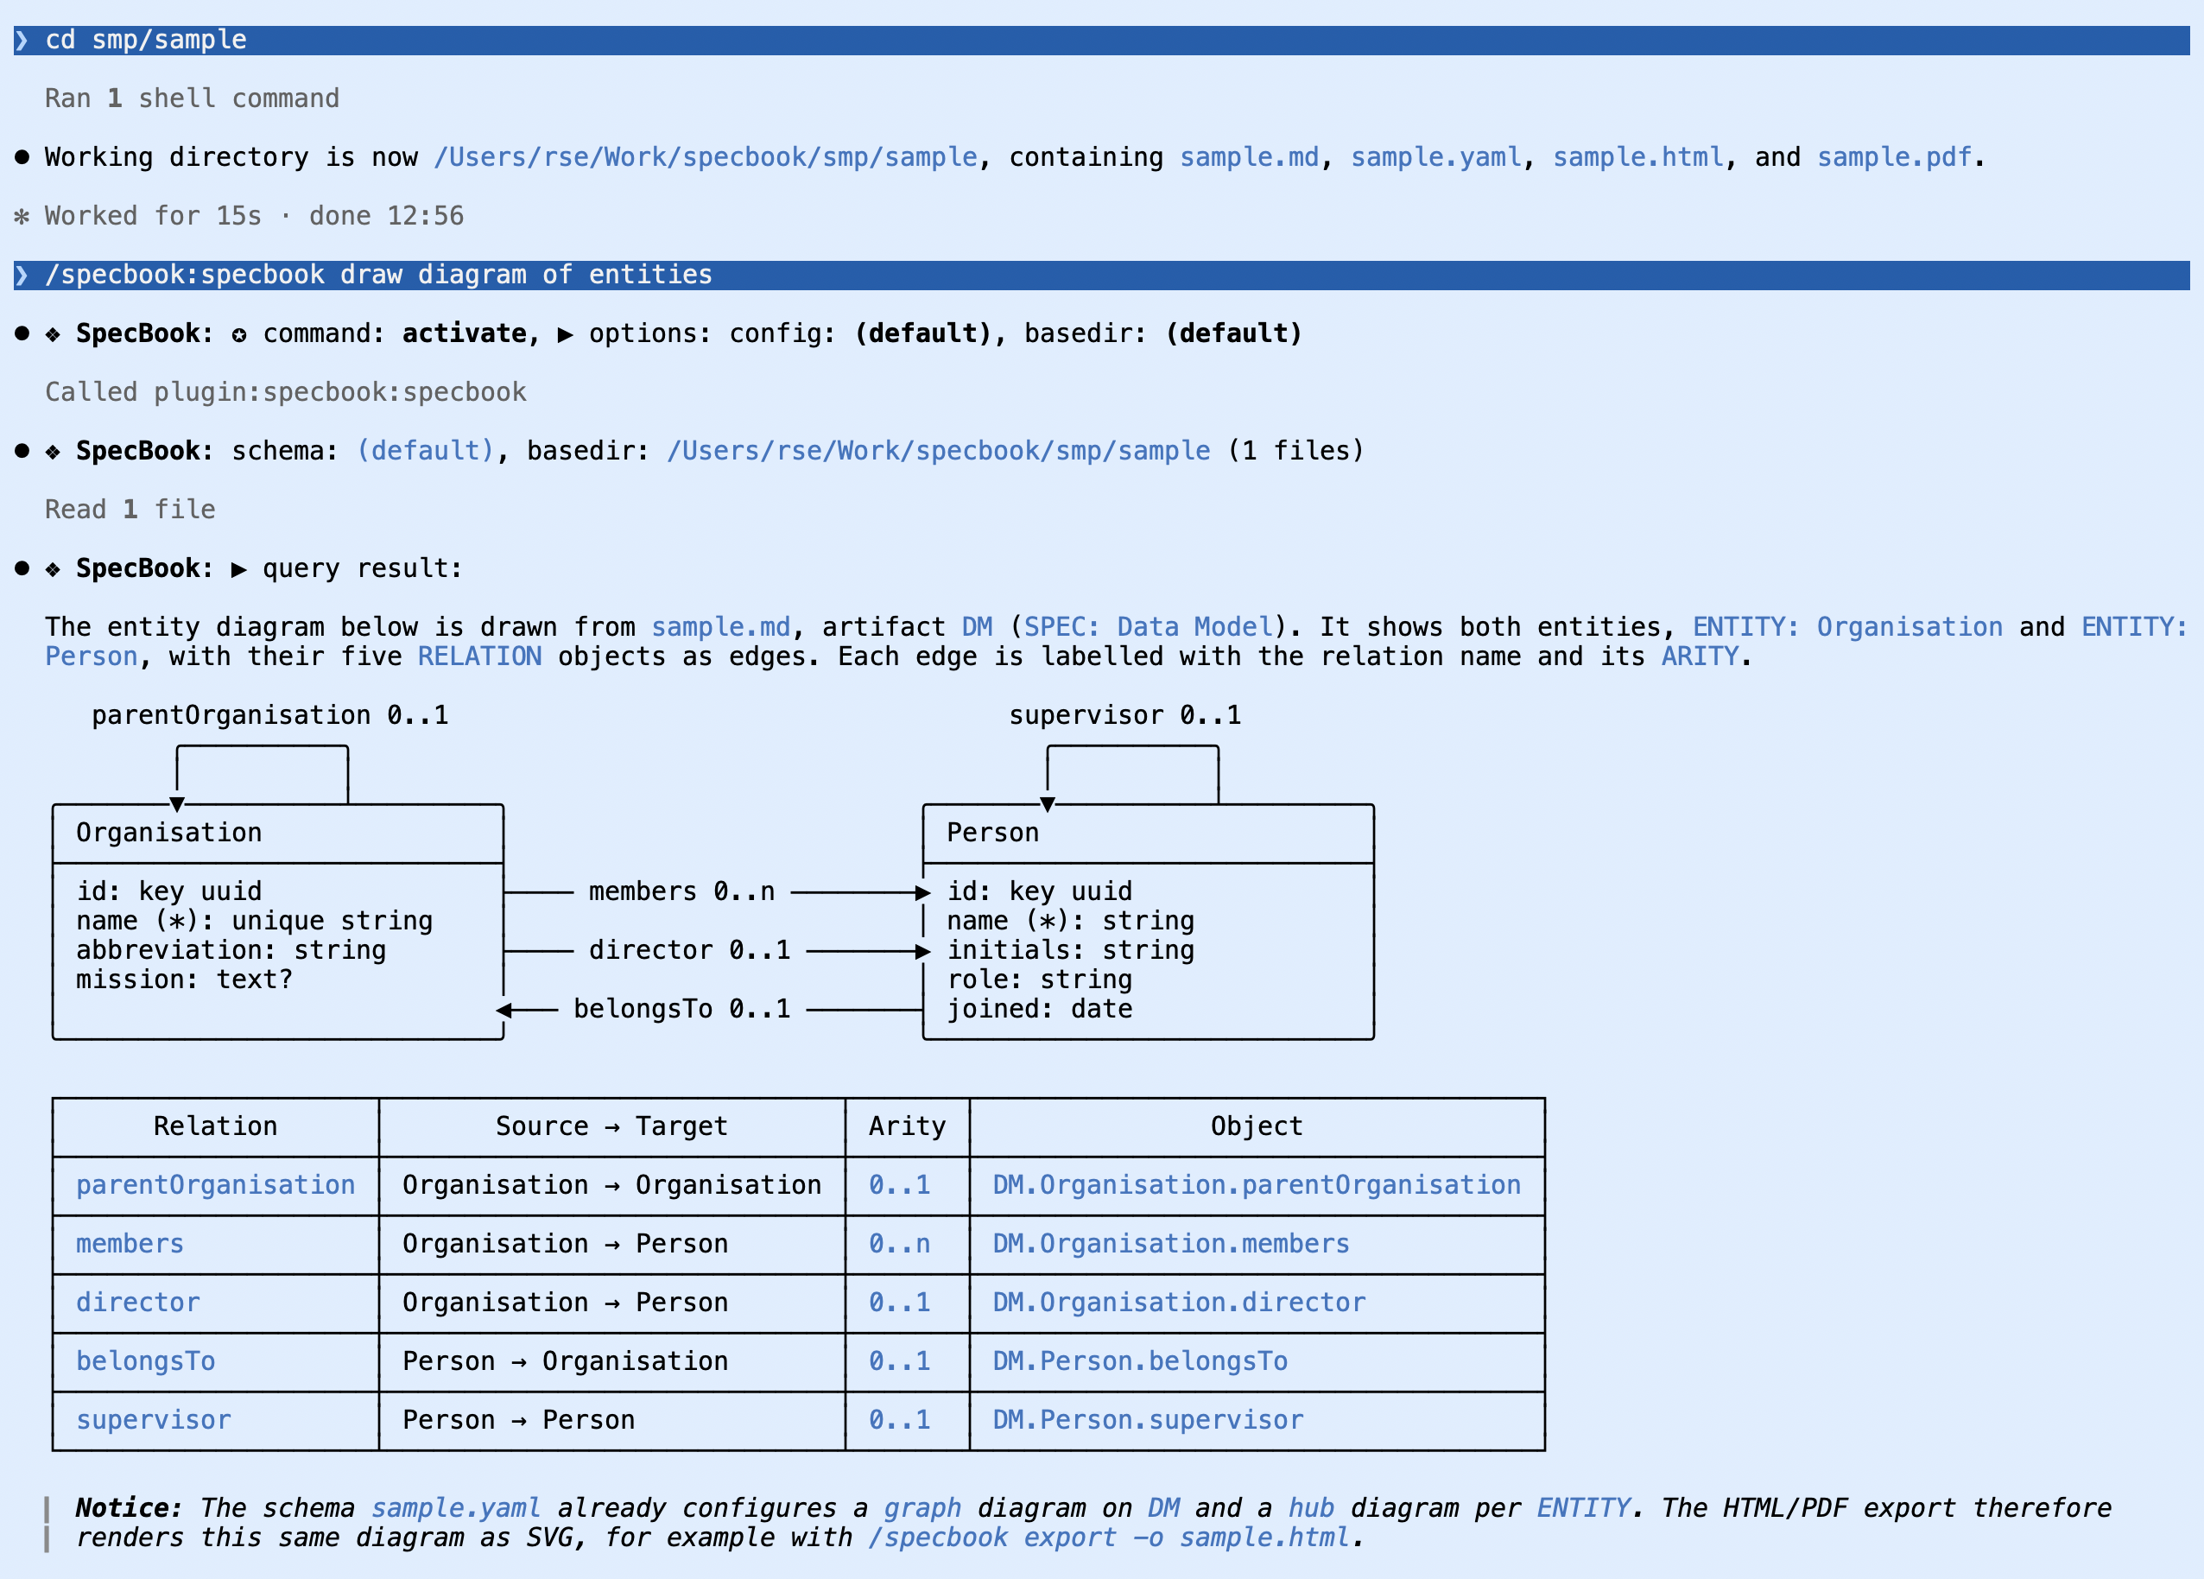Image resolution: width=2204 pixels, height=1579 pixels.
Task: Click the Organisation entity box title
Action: click(169, 833)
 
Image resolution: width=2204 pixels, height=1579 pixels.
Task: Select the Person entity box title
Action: click(992, 833)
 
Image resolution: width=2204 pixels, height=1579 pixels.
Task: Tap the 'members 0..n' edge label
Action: click(681, 891)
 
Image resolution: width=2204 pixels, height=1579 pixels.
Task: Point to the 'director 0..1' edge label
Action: click(689, 950)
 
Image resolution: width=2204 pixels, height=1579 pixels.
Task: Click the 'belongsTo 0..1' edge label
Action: click(681, 1009)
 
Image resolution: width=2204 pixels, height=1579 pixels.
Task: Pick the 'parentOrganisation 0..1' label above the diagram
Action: click(270, 715)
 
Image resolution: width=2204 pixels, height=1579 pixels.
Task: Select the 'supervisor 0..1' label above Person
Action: click(1124, 715)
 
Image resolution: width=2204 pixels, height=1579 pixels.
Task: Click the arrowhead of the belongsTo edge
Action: click(503, 1011)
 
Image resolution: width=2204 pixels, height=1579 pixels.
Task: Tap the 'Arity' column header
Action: click(907, 1126)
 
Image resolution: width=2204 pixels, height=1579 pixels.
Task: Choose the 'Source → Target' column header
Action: click(611, 1126)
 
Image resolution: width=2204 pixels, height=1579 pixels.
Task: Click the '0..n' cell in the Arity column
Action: click(899, 1244)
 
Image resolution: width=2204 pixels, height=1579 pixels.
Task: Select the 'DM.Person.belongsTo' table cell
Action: click(1140, 1361)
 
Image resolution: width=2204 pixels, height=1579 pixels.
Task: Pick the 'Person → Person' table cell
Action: click(518, 1420)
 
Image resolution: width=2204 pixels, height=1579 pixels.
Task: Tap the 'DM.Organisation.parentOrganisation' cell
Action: click(1257, 1184)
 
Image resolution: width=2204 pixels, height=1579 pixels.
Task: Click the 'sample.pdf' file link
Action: click(1894, 157)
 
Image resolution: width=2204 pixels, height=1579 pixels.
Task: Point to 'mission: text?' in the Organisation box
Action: click(185, 980)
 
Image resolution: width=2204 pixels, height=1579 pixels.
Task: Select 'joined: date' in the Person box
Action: click(1040, 1009)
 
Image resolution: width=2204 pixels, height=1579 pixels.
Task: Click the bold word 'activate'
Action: click(465, 333)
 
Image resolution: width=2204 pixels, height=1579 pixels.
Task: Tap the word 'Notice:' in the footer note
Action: click(130, 1508)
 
